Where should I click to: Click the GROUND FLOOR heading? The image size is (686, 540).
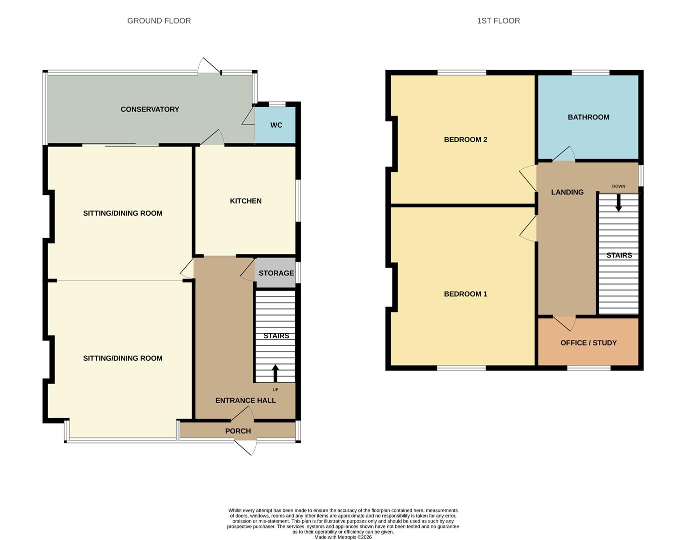click(x=159, y=20)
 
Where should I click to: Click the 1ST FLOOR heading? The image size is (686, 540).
click(x=498, y=20)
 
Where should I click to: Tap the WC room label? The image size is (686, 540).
click(x=276, y=125)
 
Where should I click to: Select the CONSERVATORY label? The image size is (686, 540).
click(x=150, y=109)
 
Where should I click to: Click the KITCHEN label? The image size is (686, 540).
click(x=245, y=200)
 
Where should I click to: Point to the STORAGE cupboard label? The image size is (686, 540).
click(x=276, y=273)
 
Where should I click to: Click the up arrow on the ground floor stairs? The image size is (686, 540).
click(x=275, y=373)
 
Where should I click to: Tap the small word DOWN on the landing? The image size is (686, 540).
click(x=618, y=186)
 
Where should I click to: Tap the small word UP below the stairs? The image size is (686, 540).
click(x=275, y=390)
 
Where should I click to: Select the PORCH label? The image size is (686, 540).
click(x=238, y=430)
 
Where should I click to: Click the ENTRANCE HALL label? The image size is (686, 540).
click(x=245, y=400)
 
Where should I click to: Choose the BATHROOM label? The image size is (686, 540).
click(x=588, y=117)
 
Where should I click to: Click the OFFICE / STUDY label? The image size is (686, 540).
click(x=588, y=342)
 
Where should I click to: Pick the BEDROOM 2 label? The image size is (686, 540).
click(x=465, y=139)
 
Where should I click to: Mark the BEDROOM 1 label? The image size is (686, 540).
click(x=465, y=294)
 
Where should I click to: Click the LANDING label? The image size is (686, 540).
click(x=567, y=192)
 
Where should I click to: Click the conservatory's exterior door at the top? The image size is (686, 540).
click(x=209, y=66)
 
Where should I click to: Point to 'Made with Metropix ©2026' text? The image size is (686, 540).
click(x=343, y=537)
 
